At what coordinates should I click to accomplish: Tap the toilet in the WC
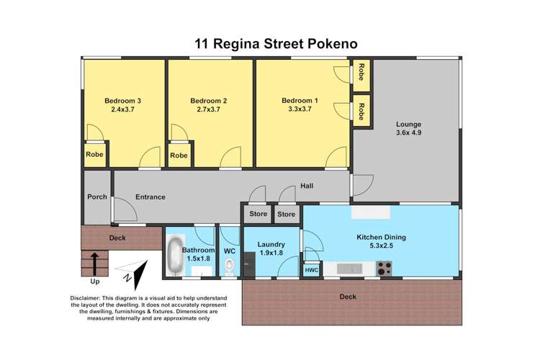pos(229,268)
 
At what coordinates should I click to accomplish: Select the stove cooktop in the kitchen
pos(384,269)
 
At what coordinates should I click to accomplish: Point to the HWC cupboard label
pos(312,269)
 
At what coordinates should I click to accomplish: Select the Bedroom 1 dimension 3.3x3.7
pos(300,110)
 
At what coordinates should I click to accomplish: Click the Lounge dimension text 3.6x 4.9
pos(406,132)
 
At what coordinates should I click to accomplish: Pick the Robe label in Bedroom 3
pos(94,155)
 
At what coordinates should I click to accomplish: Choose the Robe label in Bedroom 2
pos(179,155)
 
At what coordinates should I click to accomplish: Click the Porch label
pos(97,197)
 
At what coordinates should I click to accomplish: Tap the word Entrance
pos(150,197)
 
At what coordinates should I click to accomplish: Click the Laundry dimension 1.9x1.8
pos(271,253)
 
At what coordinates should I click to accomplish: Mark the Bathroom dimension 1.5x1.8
pos(199,258)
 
